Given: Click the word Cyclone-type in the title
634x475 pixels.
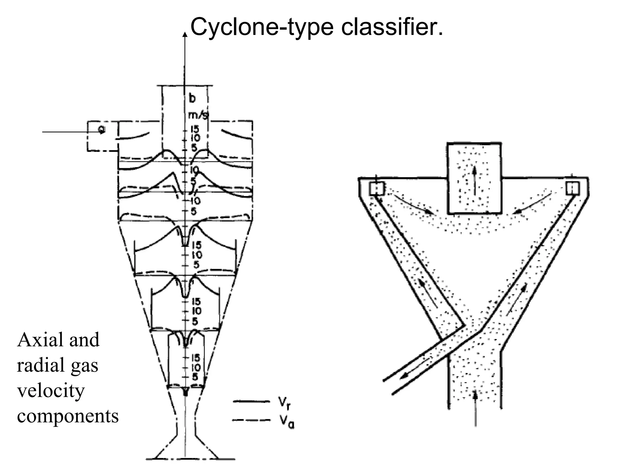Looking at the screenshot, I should point(262,27).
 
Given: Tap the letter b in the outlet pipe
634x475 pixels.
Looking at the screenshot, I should point(192,98).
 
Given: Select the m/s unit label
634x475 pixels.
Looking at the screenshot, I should point(198,116).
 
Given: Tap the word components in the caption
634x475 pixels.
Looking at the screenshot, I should point(68,416).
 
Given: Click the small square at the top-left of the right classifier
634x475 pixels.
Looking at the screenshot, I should point(377,188).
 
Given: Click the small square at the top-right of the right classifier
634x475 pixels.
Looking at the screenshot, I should point(572,188).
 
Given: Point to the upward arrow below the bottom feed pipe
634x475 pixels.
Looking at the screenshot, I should point(475,408).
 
